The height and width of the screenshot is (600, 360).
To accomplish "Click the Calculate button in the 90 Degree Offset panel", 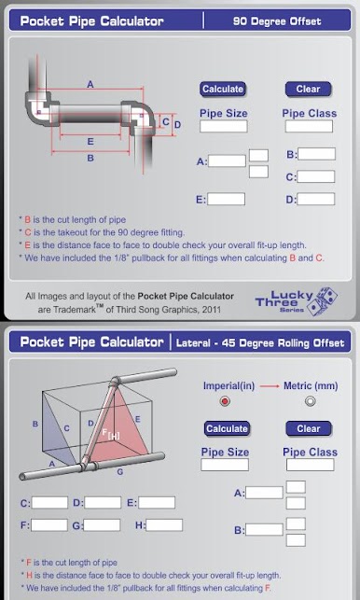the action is pos(223,90).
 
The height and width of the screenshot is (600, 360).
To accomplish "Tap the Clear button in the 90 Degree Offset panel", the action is pos(308,90).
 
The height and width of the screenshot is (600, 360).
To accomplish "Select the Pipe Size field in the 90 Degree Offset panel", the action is pos(224,126).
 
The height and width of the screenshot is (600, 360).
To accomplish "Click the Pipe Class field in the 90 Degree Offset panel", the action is pos(309,126).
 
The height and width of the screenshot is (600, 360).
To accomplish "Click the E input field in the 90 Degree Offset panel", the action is pos(226,199).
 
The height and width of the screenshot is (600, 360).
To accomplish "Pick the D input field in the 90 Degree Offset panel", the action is pos(316,199).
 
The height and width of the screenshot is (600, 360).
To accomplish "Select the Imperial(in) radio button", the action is pos(225,401).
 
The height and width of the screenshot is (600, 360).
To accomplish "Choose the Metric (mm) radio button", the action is pos(311,401).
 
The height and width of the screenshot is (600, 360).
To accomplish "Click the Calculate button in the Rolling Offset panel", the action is pos(227,428).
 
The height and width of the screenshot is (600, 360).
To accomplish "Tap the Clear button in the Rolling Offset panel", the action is pos(309,428).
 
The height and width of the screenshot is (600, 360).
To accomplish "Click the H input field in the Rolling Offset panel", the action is pos(164,525).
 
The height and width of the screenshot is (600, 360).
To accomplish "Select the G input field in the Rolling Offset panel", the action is pos(102,525).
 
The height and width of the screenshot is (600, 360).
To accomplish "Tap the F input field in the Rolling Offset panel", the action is pos(49,525).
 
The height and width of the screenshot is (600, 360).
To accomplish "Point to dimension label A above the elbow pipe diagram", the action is pos(90,84).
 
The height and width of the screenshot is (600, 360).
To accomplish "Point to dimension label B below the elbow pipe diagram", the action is pos(90,158).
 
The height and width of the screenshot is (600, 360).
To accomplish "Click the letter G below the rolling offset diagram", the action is pos(120,472).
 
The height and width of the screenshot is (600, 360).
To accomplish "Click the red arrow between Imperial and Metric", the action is pos(269,386).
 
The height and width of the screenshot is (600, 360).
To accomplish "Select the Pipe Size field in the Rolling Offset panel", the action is pos(225,465).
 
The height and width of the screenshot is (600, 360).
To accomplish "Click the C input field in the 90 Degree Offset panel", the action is pos(316,176).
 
